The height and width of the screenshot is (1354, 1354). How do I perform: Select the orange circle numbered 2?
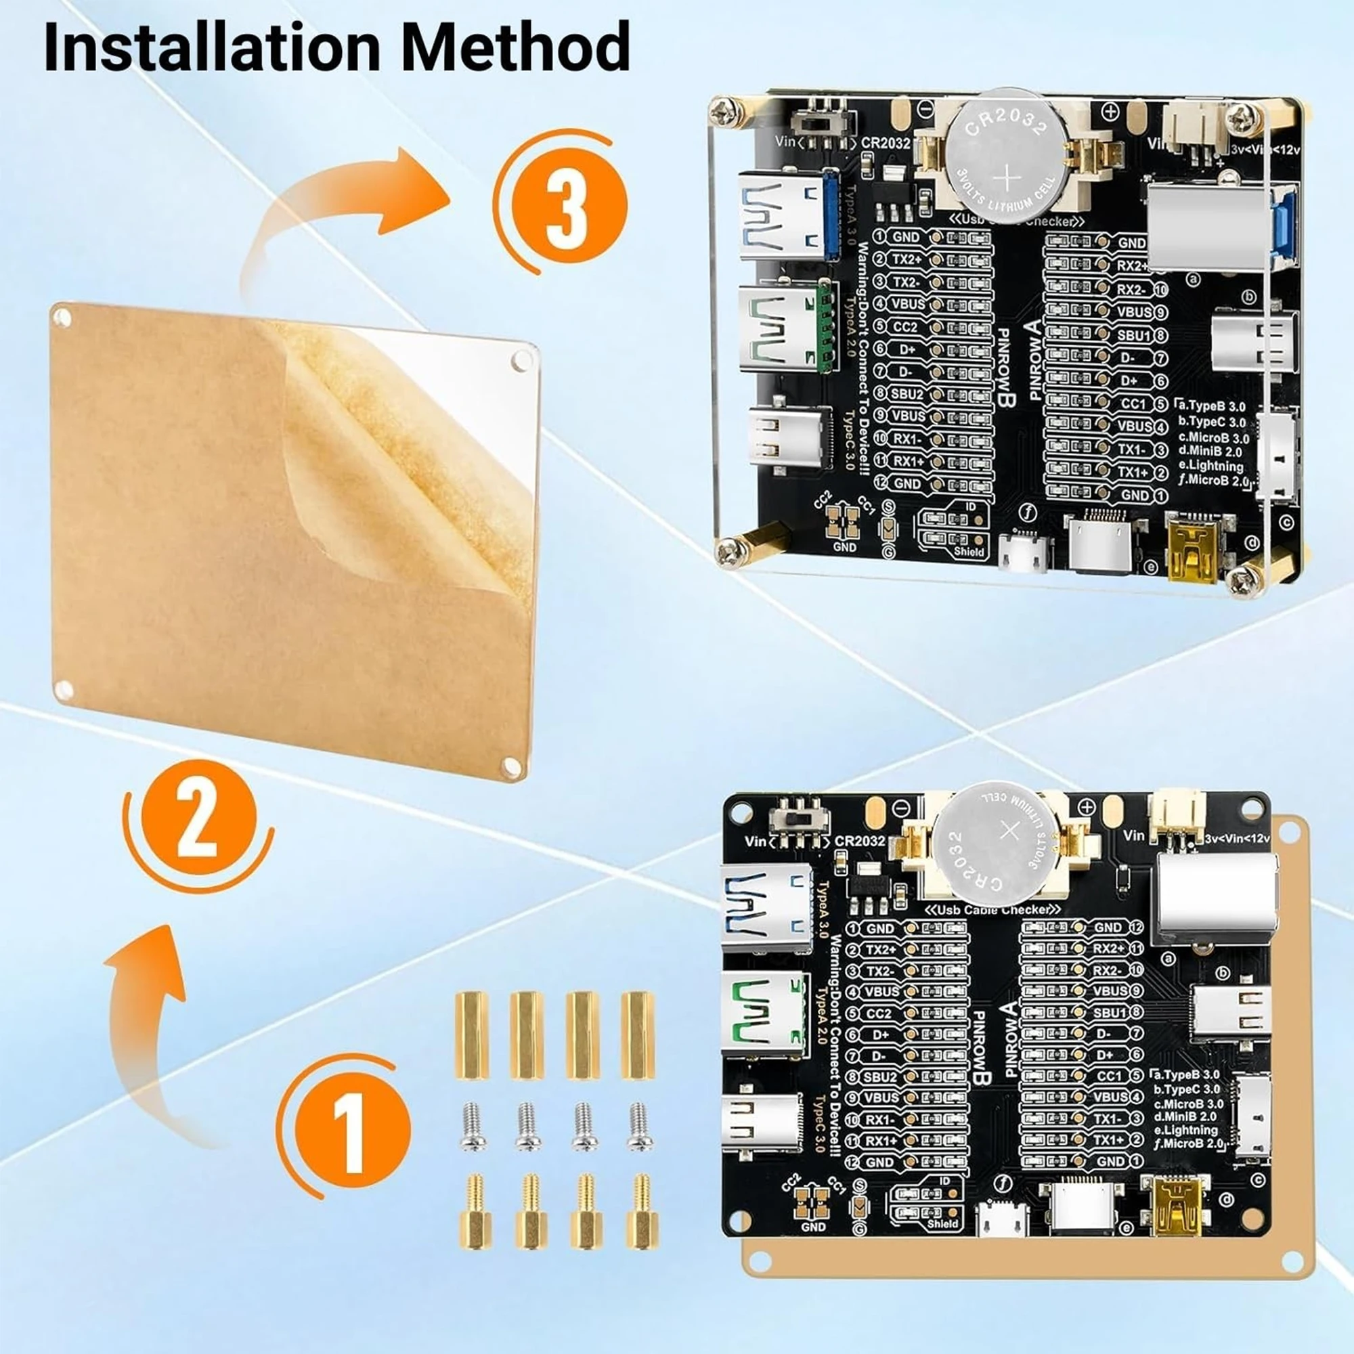(x=199, y=818)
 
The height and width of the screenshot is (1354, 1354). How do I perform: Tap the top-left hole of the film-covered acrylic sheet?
(x=62, y=319)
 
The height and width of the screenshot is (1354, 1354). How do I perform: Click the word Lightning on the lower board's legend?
(x=1194, y=1131)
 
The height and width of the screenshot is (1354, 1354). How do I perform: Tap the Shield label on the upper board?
(x=969, y=552)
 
